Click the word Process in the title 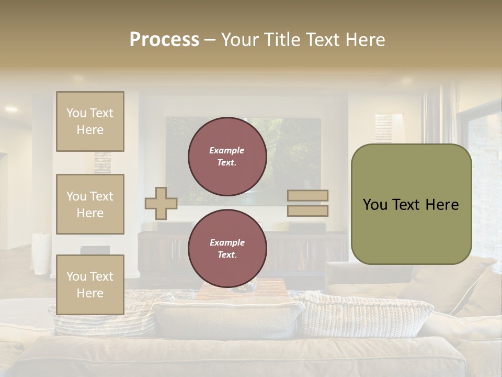(164, 40)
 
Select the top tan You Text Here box (90, 121)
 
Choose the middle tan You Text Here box (90, 204)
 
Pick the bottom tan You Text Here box (90, 284)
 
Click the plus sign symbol (161, 203)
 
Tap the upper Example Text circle (227, 157)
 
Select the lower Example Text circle (227, 249)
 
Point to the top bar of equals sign (308, 196)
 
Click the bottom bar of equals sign (308, 210)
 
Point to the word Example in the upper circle (227, 150)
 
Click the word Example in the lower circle (227, 242)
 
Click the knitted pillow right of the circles (366, 314)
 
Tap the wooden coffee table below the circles (242, 289)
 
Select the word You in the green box (375, 205)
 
